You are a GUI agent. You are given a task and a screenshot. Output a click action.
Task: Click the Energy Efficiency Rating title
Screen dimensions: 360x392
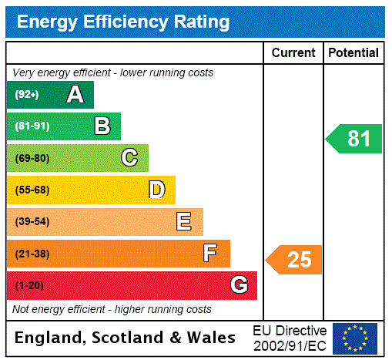123,22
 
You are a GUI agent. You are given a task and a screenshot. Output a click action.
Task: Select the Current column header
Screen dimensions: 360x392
293,53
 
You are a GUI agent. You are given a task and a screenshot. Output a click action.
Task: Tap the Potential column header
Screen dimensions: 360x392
353,53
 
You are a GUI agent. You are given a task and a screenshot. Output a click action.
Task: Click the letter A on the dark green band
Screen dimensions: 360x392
75,95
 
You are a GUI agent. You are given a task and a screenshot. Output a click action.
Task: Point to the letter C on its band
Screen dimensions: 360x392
129,158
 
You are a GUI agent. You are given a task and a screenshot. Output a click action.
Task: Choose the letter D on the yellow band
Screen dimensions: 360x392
156,190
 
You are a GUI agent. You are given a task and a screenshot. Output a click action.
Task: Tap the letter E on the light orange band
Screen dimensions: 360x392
184,222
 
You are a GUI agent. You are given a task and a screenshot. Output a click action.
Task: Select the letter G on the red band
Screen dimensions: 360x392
239,285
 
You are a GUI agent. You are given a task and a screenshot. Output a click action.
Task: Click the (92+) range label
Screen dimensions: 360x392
27,95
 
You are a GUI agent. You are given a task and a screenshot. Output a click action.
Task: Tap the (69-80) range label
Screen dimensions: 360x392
32,159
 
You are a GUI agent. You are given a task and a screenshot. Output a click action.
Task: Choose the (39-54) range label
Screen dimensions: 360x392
32,222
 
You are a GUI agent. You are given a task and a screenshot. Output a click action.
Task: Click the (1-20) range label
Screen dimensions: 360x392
29,286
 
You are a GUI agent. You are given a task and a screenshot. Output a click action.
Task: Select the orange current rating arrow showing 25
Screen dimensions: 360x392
294,260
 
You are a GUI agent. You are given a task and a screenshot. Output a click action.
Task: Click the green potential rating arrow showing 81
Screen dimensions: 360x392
354,139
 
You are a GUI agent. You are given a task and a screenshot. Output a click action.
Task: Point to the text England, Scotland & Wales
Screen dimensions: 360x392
126,338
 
